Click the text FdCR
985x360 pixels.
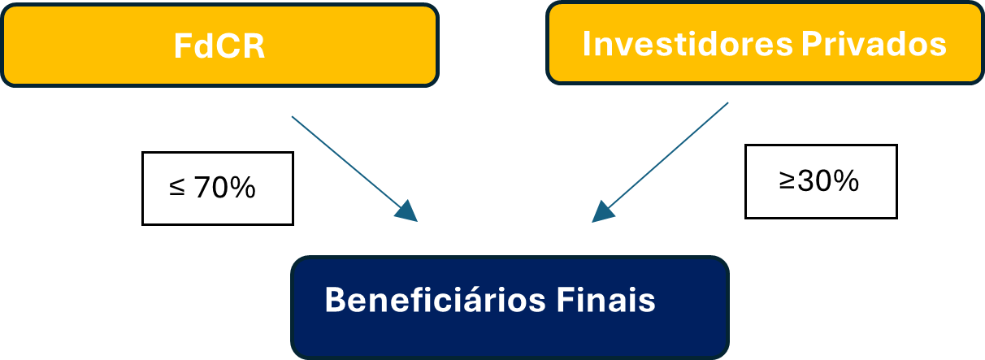[x=219, y=46]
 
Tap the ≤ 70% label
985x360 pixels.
[x=217, y=189]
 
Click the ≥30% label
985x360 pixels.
[x=821, y=181]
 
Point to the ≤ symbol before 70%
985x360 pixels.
[x=176, y=189]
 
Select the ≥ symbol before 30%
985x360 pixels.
[x=787, y=182]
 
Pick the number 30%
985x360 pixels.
[x=828, y=181]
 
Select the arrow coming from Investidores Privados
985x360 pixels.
[x=666, y=158]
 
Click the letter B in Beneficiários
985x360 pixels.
[x=336, y=300]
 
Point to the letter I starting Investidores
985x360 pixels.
[x=588, y=44]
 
